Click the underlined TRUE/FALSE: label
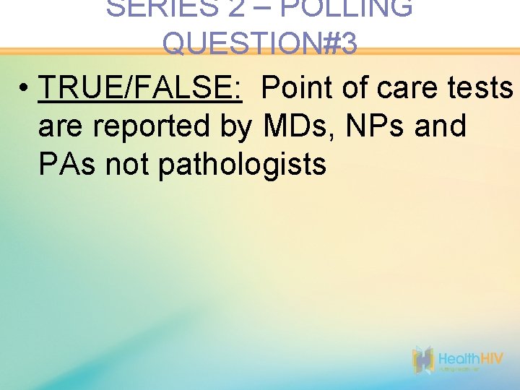(x=140, y=88)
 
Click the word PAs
(x=67, y=165)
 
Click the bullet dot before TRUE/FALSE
(x=25, y=90)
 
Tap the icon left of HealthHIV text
(x=422, y=360)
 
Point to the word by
(x=235, y=126)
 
